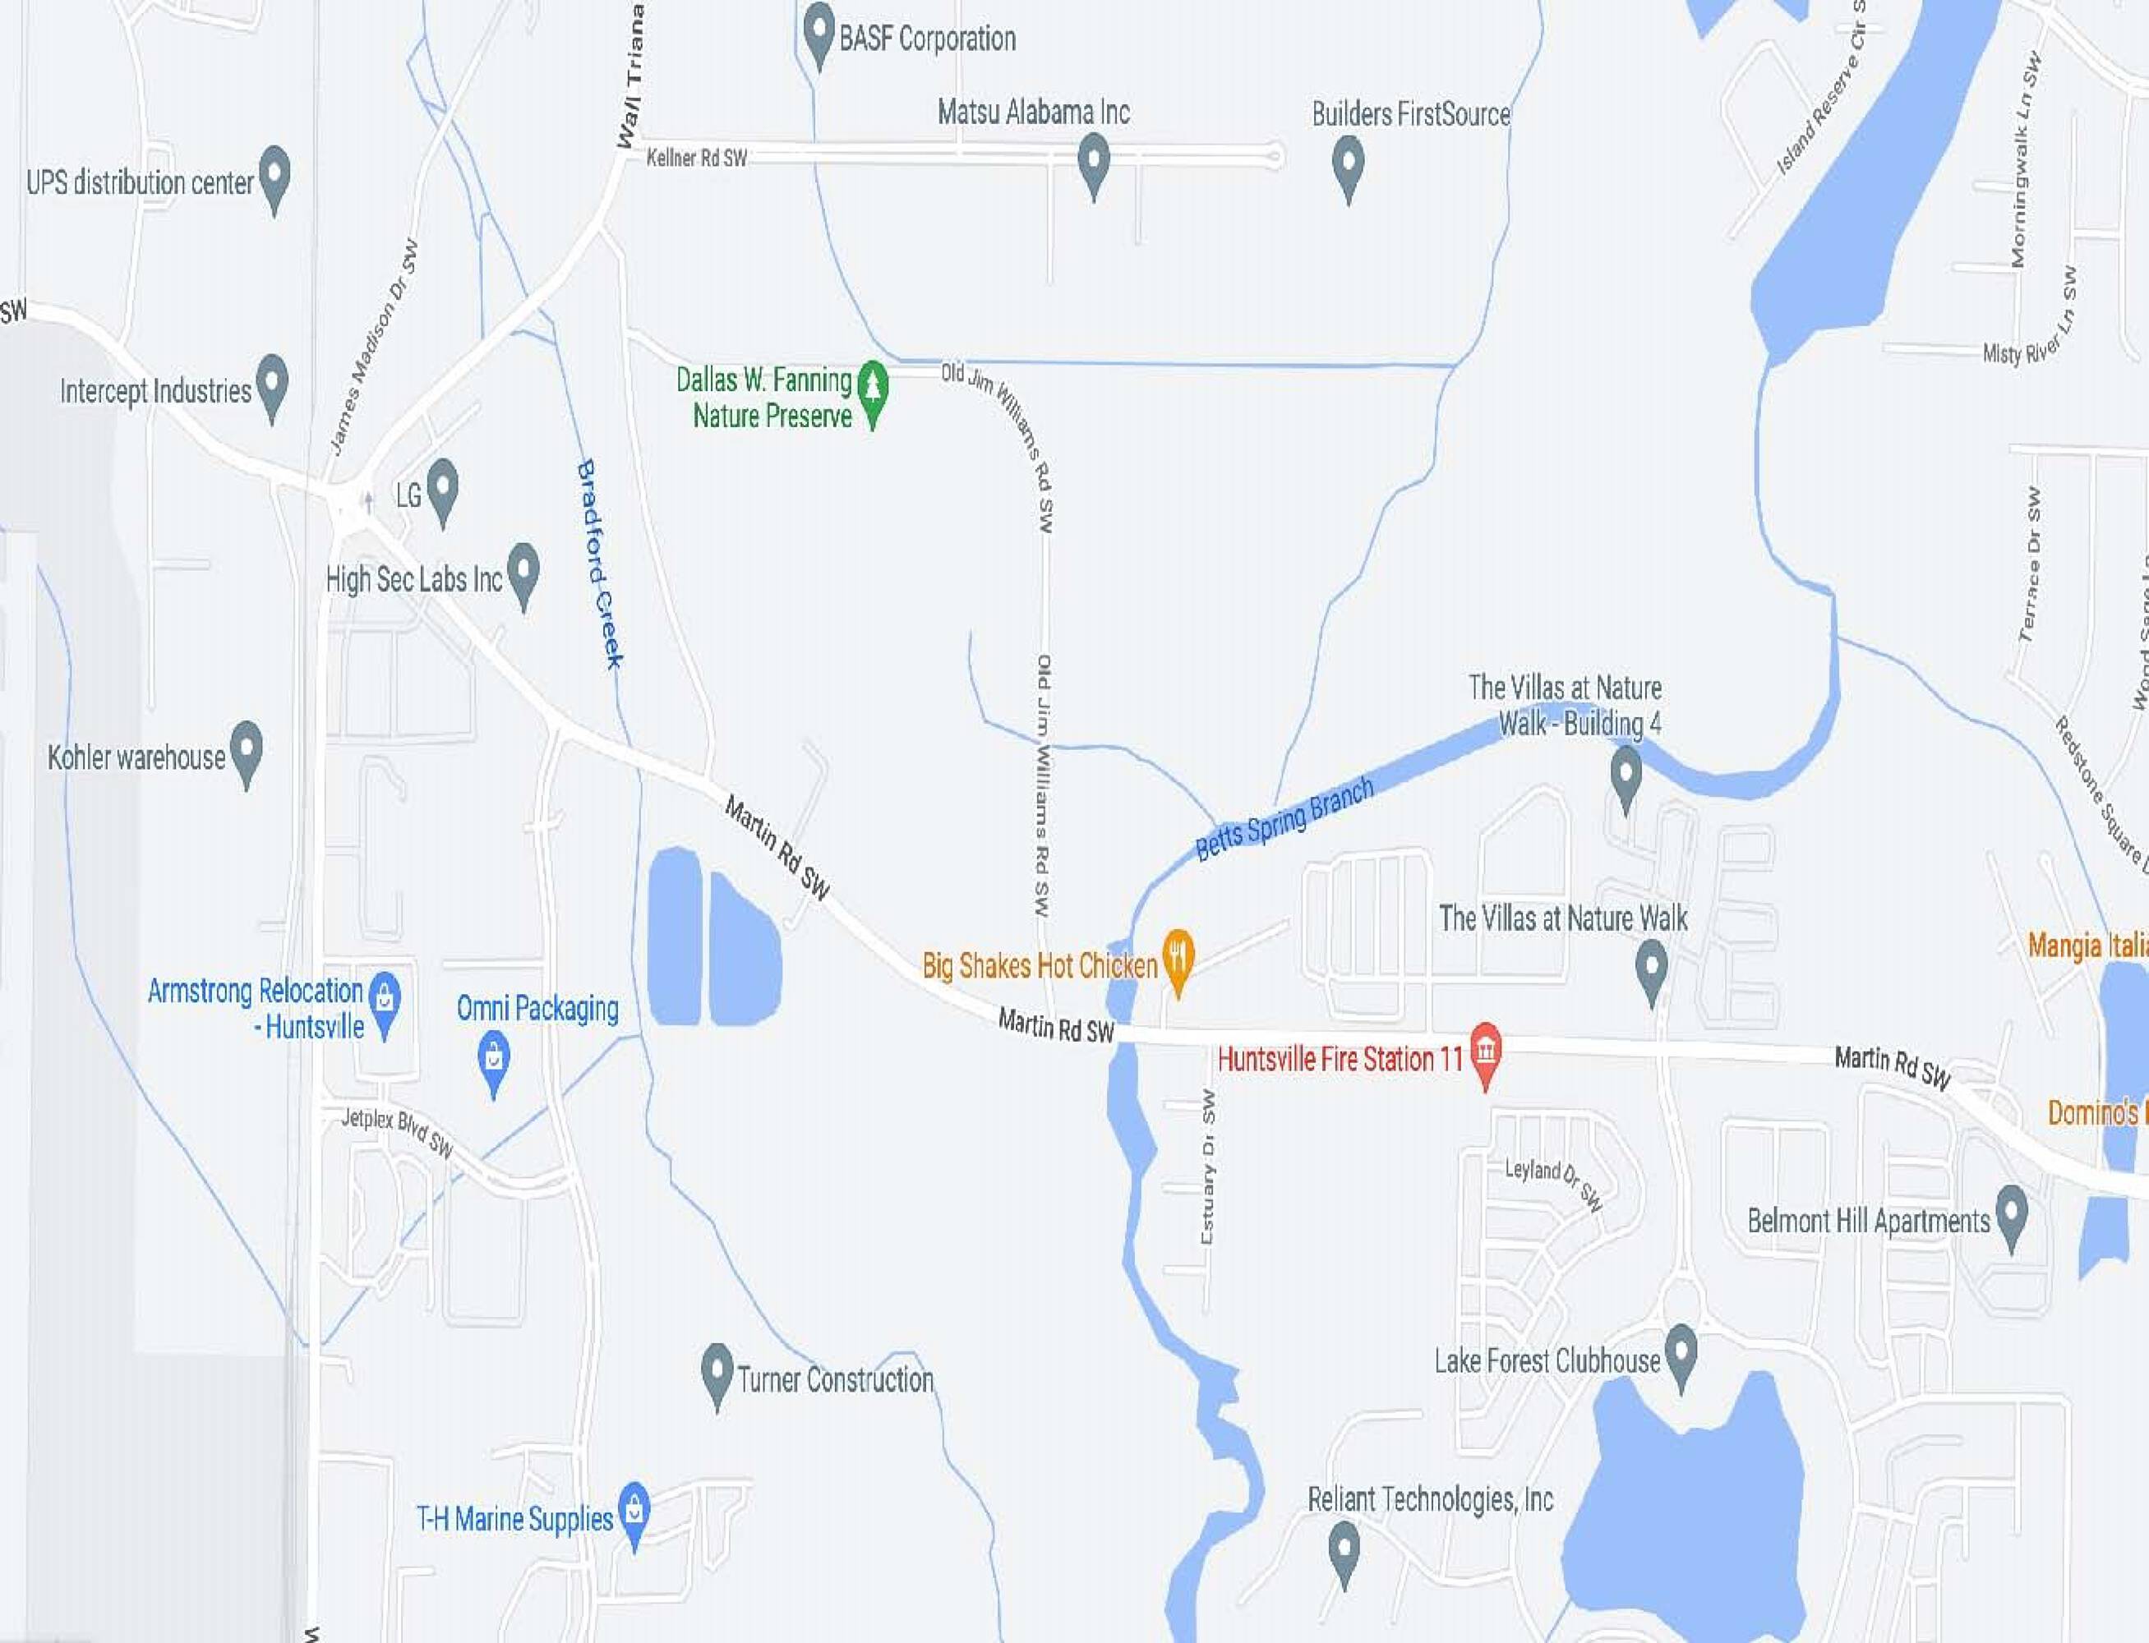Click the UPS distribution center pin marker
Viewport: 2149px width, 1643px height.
point(274,177)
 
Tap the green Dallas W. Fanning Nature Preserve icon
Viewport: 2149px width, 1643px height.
point(873,390)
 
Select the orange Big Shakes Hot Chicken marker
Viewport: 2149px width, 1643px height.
point(1178,959)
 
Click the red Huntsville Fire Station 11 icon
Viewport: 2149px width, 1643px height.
point(1486,1052)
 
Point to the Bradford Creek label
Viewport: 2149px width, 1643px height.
point(600,564)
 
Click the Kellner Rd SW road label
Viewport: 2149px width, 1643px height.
point(696,158)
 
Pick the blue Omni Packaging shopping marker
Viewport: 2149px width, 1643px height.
point(494,1059)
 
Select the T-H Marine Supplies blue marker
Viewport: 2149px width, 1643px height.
point(634,1511)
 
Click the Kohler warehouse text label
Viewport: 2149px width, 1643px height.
point(137,757)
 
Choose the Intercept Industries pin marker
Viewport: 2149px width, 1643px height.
point(272,384)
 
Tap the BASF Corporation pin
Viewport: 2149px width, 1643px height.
point(819,31)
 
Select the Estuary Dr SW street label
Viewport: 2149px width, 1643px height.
point(1208,1167)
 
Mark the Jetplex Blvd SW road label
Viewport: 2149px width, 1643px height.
point(397,1131)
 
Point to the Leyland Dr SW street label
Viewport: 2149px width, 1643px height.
point(1553,1183)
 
